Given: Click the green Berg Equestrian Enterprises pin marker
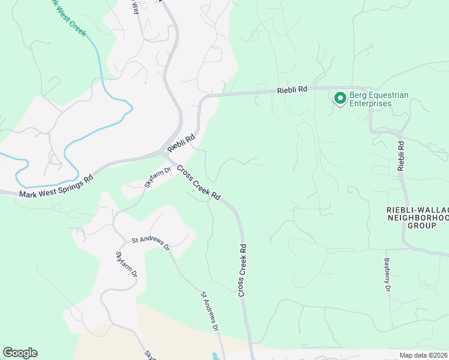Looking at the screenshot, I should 340,97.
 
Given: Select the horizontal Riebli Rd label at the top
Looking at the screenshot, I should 292,90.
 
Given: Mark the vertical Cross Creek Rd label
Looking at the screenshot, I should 243,269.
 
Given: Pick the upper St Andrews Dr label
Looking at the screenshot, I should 151,243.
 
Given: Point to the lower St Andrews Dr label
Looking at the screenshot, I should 209,312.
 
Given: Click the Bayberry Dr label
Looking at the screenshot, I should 387,276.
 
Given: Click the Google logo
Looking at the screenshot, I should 20,353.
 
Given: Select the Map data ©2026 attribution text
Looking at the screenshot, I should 423,355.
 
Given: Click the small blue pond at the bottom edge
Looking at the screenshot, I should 215,356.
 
